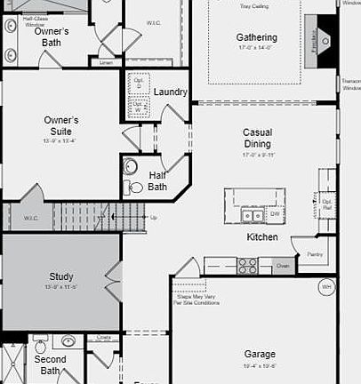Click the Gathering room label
click(x=256, y=37)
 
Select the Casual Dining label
click(x=257, y=138)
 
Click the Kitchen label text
click(x=262, y=237)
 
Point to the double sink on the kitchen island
click(x=253, y=215)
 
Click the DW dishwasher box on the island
click(x=275, y=214)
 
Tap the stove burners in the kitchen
click(x=247, y=265)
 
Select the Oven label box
click(x=282, y=265)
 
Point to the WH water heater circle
click(x=326, y=287)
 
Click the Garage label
click(x=260, y=354)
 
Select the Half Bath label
click(x=157, y=180)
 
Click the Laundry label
click(x=170, y=92)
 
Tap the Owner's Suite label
click(x=61, y=125)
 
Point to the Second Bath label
click(x=50, y=365)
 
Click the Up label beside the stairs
click(x=154, y=217)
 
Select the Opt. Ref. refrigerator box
click(x=326, y=205)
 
